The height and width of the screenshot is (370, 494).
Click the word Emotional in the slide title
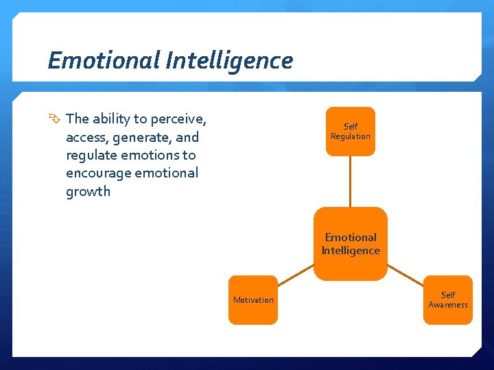(103, 61)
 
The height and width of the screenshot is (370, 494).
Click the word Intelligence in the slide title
(228, 61)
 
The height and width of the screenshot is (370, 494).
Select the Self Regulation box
(350, 132)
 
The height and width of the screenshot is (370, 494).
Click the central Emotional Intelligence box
(351, 244)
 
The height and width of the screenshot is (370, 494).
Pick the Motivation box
(253, 299)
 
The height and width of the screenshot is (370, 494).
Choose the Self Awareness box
(448, 299)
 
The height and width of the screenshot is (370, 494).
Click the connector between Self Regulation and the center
(350, 182)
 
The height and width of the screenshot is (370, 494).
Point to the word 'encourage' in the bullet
(97, 173)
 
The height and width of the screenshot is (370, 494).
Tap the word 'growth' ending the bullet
(88, 191)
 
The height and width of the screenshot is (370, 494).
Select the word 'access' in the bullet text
(86, 137)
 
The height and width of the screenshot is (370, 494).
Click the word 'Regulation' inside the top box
(350, 136)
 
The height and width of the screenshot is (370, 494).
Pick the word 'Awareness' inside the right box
(448, 305)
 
